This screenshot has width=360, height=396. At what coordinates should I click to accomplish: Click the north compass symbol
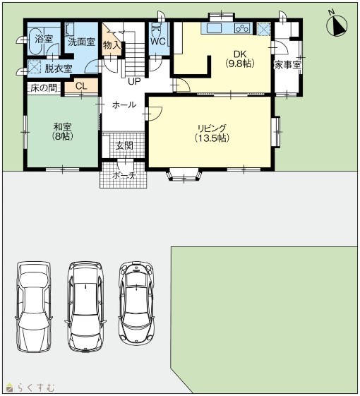(337, 25)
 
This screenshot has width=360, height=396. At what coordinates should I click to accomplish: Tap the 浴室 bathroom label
(44, 39)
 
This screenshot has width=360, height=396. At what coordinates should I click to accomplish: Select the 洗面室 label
(81, 42)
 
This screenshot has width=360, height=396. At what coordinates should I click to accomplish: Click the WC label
(158, 42)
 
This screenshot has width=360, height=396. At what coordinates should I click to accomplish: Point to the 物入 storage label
(112, 46)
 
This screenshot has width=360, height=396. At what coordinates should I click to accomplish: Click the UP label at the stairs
(134, 81)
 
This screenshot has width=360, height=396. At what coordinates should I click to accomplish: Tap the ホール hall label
(124, 104)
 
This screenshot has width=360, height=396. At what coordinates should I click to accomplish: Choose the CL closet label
(81, 86)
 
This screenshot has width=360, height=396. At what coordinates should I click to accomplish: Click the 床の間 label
(44, 88)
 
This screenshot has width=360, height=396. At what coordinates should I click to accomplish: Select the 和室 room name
(62, 126)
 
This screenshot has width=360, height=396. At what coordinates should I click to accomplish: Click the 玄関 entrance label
(124, 145)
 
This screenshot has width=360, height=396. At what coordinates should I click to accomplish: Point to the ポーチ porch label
(124, 175)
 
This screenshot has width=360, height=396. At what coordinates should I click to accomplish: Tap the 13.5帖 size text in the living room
(212, 138)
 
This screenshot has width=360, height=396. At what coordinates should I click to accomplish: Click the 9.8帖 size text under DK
(239, 64)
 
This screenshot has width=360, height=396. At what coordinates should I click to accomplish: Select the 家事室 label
(288, 66)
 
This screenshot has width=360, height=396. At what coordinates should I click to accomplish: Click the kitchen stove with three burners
(242, 28)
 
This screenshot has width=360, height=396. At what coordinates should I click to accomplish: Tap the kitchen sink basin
(214, 28)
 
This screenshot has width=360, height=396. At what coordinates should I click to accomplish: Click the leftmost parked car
(34, 306)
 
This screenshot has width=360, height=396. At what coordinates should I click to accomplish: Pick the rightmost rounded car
(136, 303)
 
